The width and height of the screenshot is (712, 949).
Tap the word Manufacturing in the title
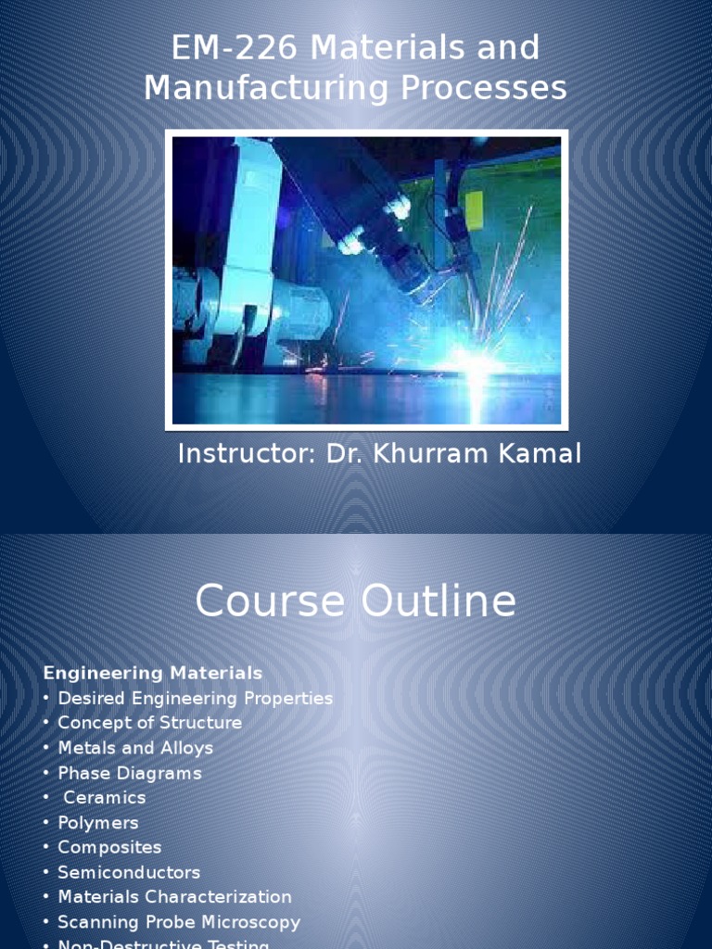[x=268, y=88]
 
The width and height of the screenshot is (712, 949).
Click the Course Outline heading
[x=355, y=601]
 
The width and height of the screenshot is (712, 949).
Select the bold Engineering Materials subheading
[x=153, y=673]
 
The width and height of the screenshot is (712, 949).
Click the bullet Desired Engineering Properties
[x=195, y=698]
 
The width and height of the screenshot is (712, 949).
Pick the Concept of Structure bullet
[x=149, y=723]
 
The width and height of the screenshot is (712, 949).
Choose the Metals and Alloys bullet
[x=135, y=748]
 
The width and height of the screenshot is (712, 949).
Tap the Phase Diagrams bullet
[x=129, y=773]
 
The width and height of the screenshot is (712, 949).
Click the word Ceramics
[x=105, y=797]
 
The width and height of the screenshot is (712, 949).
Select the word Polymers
[x=98, y=822]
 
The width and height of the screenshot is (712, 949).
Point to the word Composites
[x=109, y=847]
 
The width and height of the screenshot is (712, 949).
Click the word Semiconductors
[x=129, y=872]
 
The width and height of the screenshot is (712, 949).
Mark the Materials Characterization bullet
[x=174, y=897]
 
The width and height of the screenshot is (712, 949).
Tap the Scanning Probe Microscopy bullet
[x=179, y=922]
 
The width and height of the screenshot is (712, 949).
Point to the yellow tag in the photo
[x=474, y=206]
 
